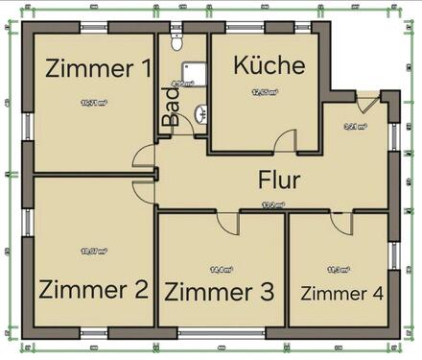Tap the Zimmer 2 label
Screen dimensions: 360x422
pyautogui.click(x=93, y=288)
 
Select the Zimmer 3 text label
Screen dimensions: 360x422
pyautogui.click(x=220, y=290)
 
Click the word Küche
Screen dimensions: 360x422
pyautogui.click(x=270, y=65)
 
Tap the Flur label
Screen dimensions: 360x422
pyautogui.click(x=279, y=179)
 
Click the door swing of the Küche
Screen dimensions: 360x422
pyautogui.click(x=287, y=141)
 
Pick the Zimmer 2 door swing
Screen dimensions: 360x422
pyautogui.click(x=143, y=189)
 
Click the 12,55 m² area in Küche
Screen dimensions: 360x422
pyautogui.click(x=265, y=93)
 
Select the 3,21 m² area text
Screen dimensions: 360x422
pyautogui.click(x=355, y=126)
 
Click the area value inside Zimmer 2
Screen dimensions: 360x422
pyautogui.click(x=94, y=252)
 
